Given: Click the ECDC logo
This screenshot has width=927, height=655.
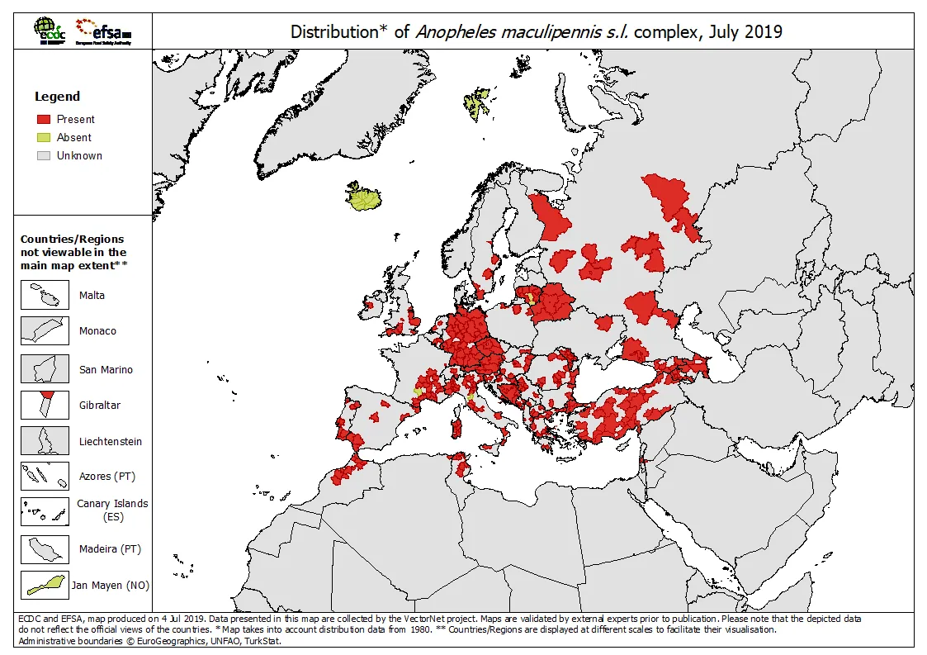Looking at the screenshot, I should tap(50, 31).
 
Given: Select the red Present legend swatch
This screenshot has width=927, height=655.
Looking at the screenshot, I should tap(44, 119).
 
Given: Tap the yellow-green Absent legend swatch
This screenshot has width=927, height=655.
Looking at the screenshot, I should tap(44, 137).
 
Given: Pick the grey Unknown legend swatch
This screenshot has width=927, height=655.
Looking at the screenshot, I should tap(44, 155).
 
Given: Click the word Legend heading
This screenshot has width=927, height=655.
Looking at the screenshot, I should tap(57, 97).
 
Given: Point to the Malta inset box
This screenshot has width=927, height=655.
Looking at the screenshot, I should tap(45, 295).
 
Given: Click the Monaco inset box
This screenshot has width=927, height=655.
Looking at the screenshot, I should tap(45, 330).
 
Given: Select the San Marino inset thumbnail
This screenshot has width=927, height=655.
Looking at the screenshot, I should tap(45, 369).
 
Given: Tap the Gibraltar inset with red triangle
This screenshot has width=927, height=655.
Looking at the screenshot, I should tap(45, 405).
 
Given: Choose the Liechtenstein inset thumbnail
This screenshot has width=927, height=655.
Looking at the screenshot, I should tap(45, 441).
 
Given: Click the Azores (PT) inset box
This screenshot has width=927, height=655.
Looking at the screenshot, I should tap(45, 477).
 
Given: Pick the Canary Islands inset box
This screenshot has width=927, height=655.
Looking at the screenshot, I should tap(45, 511).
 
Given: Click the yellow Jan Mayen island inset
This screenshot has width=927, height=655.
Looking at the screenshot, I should tap(45, 585).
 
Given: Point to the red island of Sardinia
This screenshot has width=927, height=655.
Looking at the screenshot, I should tap(454, 427).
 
